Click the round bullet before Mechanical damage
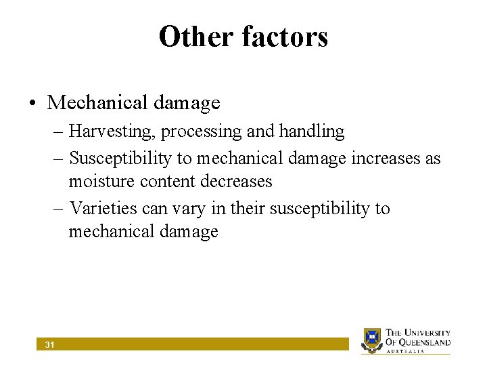tap(32, 103)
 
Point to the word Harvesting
tap(111, 131)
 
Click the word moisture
tap(100, 182)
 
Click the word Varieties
tap(103, 208)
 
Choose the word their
tap(248, 208)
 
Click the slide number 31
tap(49, 345)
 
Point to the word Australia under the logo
tap(406, 351)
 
